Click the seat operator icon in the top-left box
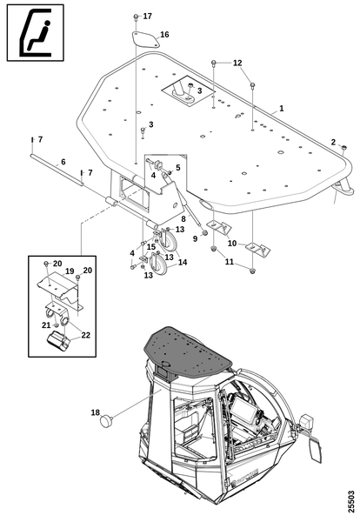point(36,33)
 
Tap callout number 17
point(148,16)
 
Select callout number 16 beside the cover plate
point(164,34)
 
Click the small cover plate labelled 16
point(144,40)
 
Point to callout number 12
point(237,63)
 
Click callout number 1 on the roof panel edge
point(282,109)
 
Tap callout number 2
point(333,142)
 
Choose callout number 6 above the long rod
point(63,162)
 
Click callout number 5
point(177,167)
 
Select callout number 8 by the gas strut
point(183,219)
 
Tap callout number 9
point(196,238)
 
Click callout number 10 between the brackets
point(232,244)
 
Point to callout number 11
point(230,262)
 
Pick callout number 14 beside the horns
point(183,263)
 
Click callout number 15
point(151,247)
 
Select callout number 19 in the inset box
point(70,271)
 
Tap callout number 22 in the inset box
point(85,335)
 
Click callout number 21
point(46,325)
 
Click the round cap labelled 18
point(106,421)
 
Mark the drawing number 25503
point(351,503)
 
